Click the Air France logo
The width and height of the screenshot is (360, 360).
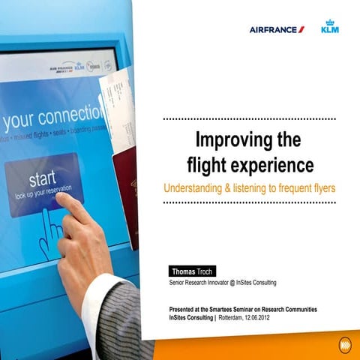(x=277, y=29)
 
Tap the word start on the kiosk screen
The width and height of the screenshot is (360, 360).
(x=42, y=180)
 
